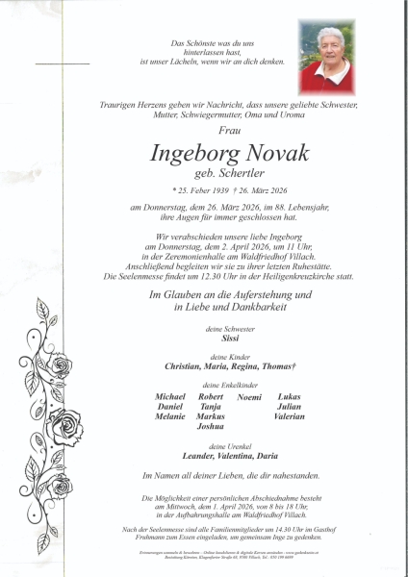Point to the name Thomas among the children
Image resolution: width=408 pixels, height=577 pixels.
click(x=276, y=366)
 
